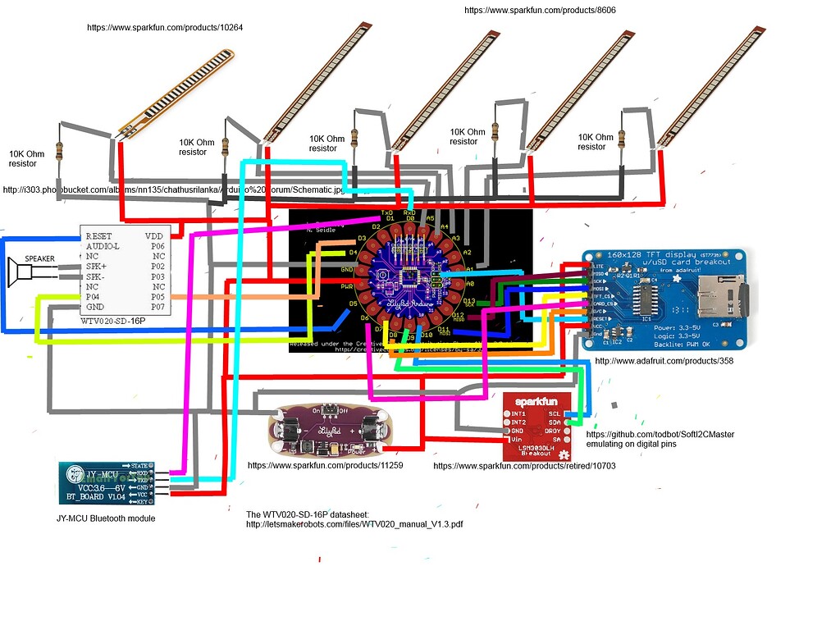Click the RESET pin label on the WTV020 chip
[x=98, y=235]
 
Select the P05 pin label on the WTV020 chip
[x=157, y=297]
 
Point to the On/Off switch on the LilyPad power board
[x=330, y=409]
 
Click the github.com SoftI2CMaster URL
[x=660, y=434]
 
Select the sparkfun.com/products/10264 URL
[x=165, y=27]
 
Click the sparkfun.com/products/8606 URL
[x=540, y=10]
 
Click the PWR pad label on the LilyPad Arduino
[x=346, y=286]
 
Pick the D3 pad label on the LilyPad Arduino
[x=361, y=239]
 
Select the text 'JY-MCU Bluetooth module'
[x=106, y=518]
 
